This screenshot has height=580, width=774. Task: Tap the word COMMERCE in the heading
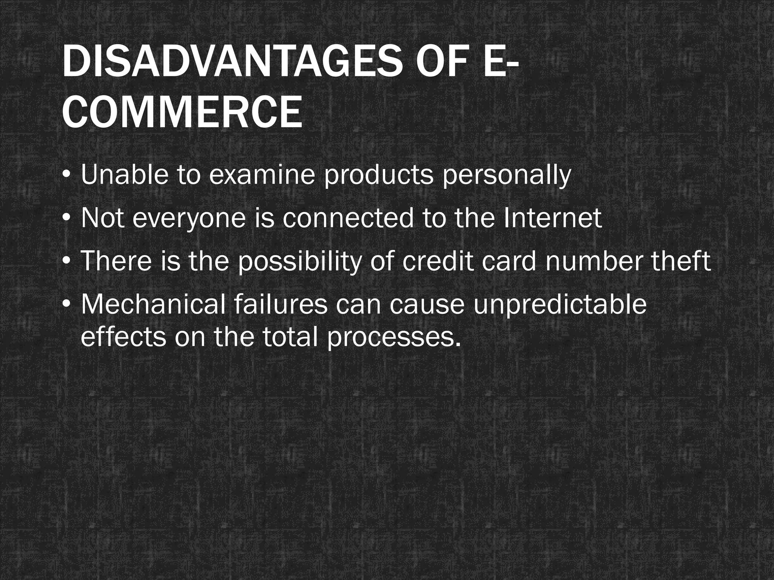tap(182, 113)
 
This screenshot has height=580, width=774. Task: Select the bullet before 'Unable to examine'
tap(67, 176)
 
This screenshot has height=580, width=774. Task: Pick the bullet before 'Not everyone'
tap(67, 219)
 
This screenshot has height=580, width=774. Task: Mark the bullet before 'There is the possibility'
tap(67, 261)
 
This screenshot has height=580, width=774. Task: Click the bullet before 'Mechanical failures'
tap(67, 304)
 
